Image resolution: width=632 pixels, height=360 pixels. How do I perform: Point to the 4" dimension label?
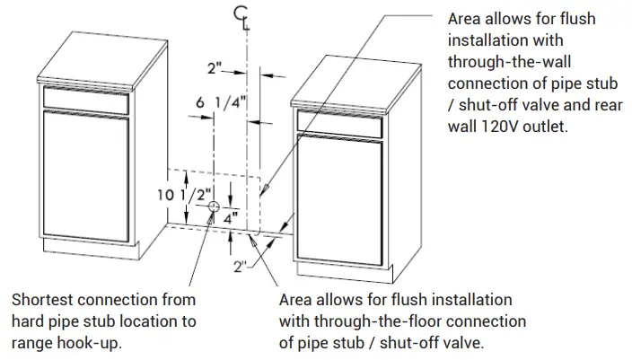pos(229,216)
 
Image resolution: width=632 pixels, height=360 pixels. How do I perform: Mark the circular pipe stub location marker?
pos(213,207)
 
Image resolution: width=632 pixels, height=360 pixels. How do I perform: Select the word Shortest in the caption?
pos(42,299)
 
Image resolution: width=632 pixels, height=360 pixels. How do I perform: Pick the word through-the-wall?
pos(508,62)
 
